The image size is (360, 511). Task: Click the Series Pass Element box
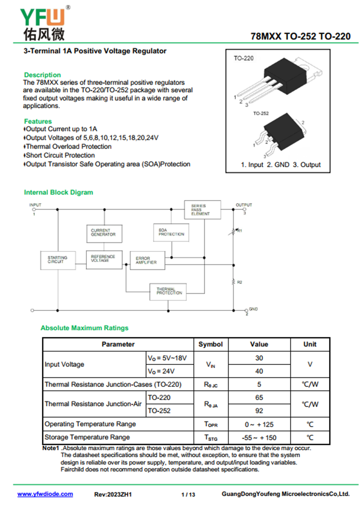(202, 210)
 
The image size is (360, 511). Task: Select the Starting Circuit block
(58, 260)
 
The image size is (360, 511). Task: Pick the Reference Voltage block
(104, 259)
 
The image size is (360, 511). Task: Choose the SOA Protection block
(171, 232)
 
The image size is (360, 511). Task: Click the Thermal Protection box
(168, 291)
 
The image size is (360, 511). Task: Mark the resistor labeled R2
(234, 282)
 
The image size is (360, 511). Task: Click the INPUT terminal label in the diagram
(35, 205)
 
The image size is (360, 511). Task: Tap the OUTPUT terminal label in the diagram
(244, 205)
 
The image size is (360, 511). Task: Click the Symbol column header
(211, 344)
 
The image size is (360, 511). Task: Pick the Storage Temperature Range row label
(87, 437)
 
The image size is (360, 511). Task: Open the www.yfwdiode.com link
(45, 494)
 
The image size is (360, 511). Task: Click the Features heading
(38, 121)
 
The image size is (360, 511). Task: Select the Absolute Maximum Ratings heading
(84, 328)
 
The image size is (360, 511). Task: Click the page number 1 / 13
(188, 495)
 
